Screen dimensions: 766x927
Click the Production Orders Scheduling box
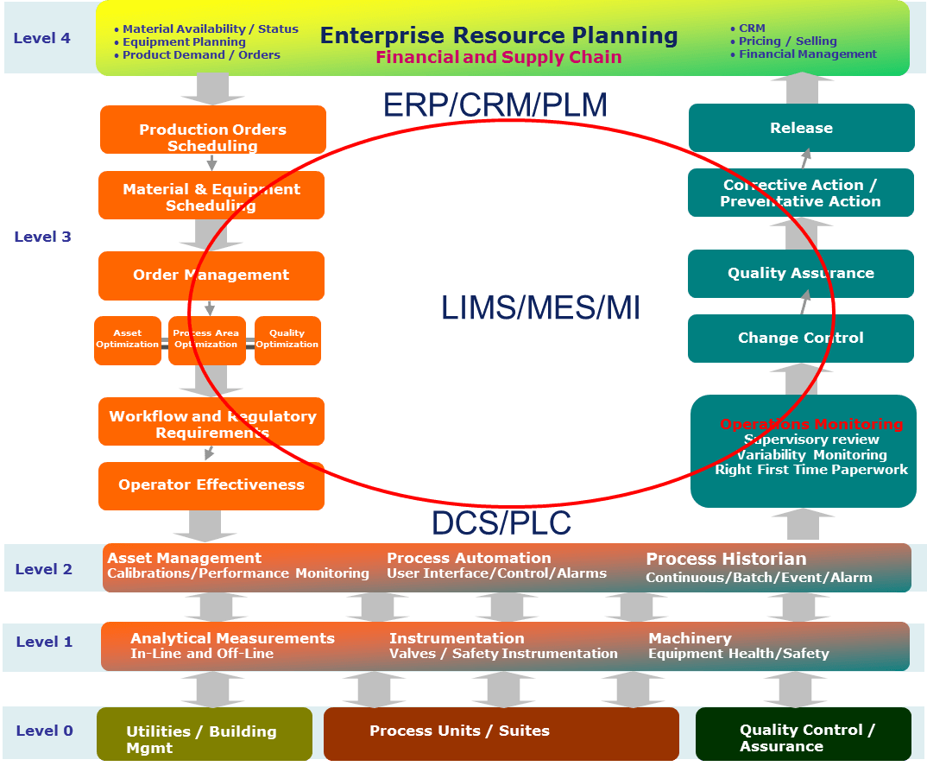[212, 130]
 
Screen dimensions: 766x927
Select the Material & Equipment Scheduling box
[211, 195]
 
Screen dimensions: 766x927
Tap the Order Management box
[211, 275]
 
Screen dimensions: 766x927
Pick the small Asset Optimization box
[128, 340]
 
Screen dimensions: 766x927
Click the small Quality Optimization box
[287, 340]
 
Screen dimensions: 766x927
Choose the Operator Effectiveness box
[211, 485]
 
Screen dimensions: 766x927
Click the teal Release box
[801, 128]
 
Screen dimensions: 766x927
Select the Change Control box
[801, 338]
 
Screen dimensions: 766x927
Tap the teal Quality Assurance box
[801, 273]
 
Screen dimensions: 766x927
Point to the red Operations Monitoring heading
[811, 424]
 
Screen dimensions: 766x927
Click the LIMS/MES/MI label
[540, 308]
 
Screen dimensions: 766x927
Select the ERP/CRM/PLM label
[495, 105]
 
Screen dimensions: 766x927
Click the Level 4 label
[41, 38]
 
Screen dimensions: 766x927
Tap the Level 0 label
[44, 731]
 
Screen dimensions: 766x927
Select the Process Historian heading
[726, 559]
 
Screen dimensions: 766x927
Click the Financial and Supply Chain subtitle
[499, 57]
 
